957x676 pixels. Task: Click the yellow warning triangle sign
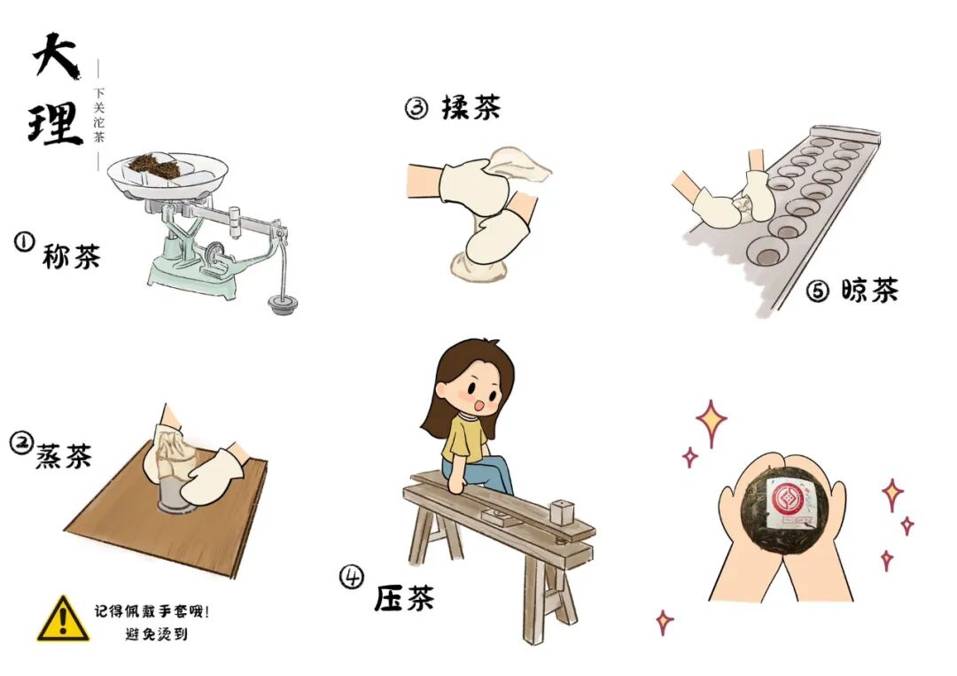click(63, 620)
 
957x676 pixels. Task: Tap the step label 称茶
click(71, 256)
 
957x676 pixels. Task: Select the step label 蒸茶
click(64, 455)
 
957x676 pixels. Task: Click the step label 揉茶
click(471, 107)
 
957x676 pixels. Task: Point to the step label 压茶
click(404, 598)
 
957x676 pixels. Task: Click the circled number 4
click(352, 577)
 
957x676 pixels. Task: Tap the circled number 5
click(818, 291)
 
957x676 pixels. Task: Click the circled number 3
click(416, 109)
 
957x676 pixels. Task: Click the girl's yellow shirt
click(463, 439)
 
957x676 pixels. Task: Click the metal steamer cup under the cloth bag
click(175, 494)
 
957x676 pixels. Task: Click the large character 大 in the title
click(55, 55)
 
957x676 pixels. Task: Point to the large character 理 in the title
click(55, 123)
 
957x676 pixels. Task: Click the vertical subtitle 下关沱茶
click(99, 114)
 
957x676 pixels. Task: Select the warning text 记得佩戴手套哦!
click(152, 611)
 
